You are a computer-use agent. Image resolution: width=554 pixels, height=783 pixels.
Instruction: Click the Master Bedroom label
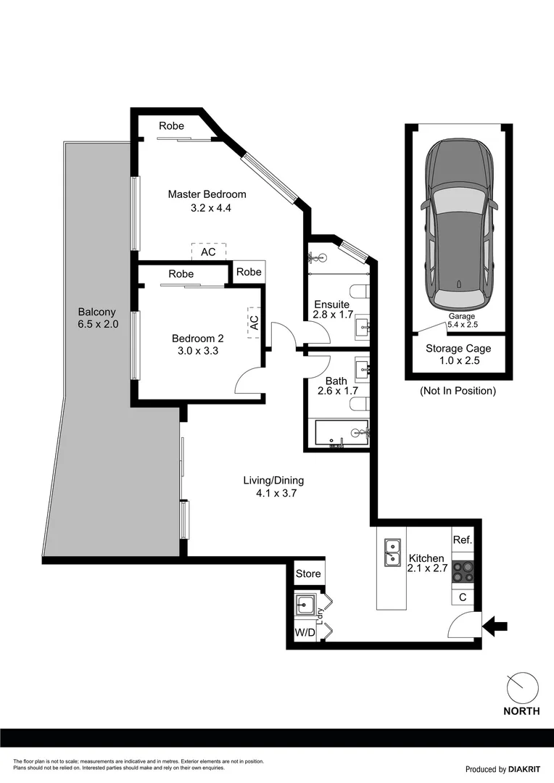pyautogui.click(x=207, y=194)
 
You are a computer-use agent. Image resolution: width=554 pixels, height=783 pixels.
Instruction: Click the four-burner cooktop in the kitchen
pyautogui.click(x=463, y=572)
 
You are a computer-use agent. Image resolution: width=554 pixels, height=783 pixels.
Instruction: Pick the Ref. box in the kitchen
pyautogui.click(x=463, y=540)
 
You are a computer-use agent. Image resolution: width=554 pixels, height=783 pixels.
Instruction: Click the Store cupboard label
pyautogui.click(x=308, y=573)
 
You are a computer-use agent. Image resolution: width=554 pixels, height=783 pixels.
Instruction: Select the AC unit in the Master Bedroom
pyautogui.click(x=208, y=252)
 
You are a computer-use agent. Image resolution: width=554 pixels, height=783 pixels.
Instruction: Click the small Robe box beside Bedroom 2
pyautogui.click(x=248, y=272)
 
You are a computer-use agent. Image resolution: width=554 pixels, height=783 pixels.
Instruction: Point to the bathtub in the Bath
pyautogui.click(x=342, y=434)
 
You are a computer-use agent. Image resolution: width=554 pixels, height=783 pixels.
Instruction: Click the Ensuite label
pyautogui.click(x=332, y=304)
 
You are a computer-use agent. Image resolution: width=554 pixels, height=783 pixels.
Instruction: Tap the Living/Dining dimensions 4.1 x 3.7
pyautogui.click(x=273, y=493)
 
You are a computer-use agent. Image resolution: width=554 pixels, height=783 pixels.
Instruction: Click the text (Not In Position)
pyautogui.click(x=458, y=391)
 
